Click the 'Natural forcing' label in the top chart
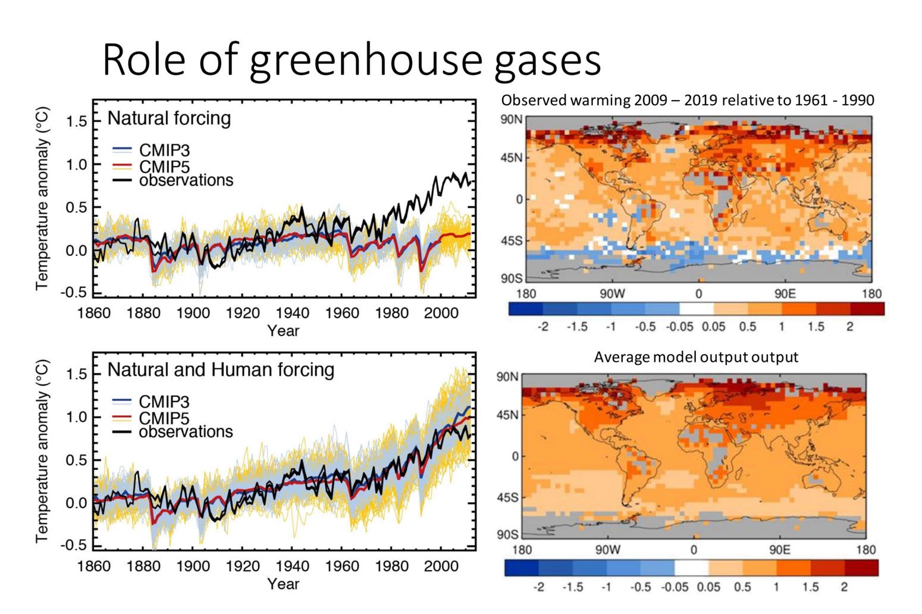(x=169, y=118)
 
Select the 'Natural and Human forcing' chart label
(x=221, y=370)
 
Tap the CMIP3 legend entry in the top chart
(x=164, y=151)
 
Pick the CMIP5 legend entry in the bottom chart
(x=164, y=418)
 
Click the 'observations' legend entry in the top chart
(x=186, y=180)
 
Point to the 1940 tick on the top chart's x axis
(x=292, y=313)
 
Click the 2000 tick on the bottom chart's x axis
(x=441, y=566)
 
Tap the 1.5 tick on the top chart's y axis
(x=76, y=121)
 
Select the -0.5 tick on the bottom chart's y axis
(x=74, y=545)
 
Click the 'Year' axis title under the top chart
(x=283, y=331)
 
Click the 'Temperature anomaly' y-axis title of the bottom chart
(x=42, y=451)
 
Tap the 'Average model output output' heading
(x=696, y=357)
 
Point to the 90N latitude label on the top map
(x=511, y=120)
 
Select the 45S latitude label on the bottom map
(x=507, y=497)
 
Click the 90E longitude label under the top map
(x=785, y=293)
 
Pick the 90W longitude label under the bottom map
(x=607, y=550)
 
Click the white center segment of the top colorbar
(x=696, y=309)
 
